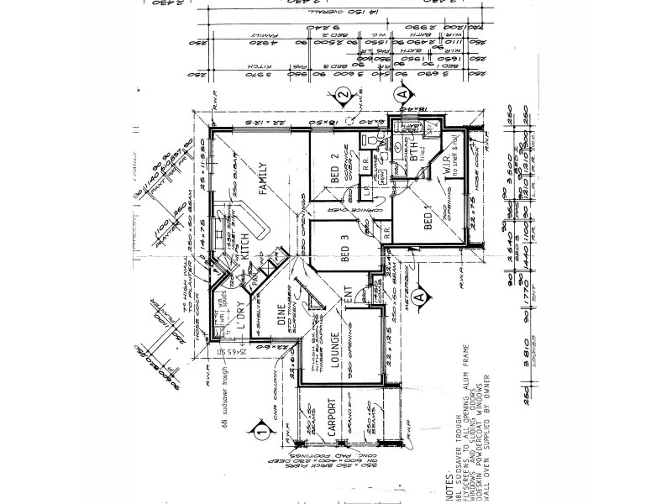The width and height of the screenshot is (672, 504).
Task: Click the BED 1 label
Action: coord(428,219)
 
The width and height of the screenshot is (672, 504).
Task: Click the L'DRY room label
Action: coord(238,313)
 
